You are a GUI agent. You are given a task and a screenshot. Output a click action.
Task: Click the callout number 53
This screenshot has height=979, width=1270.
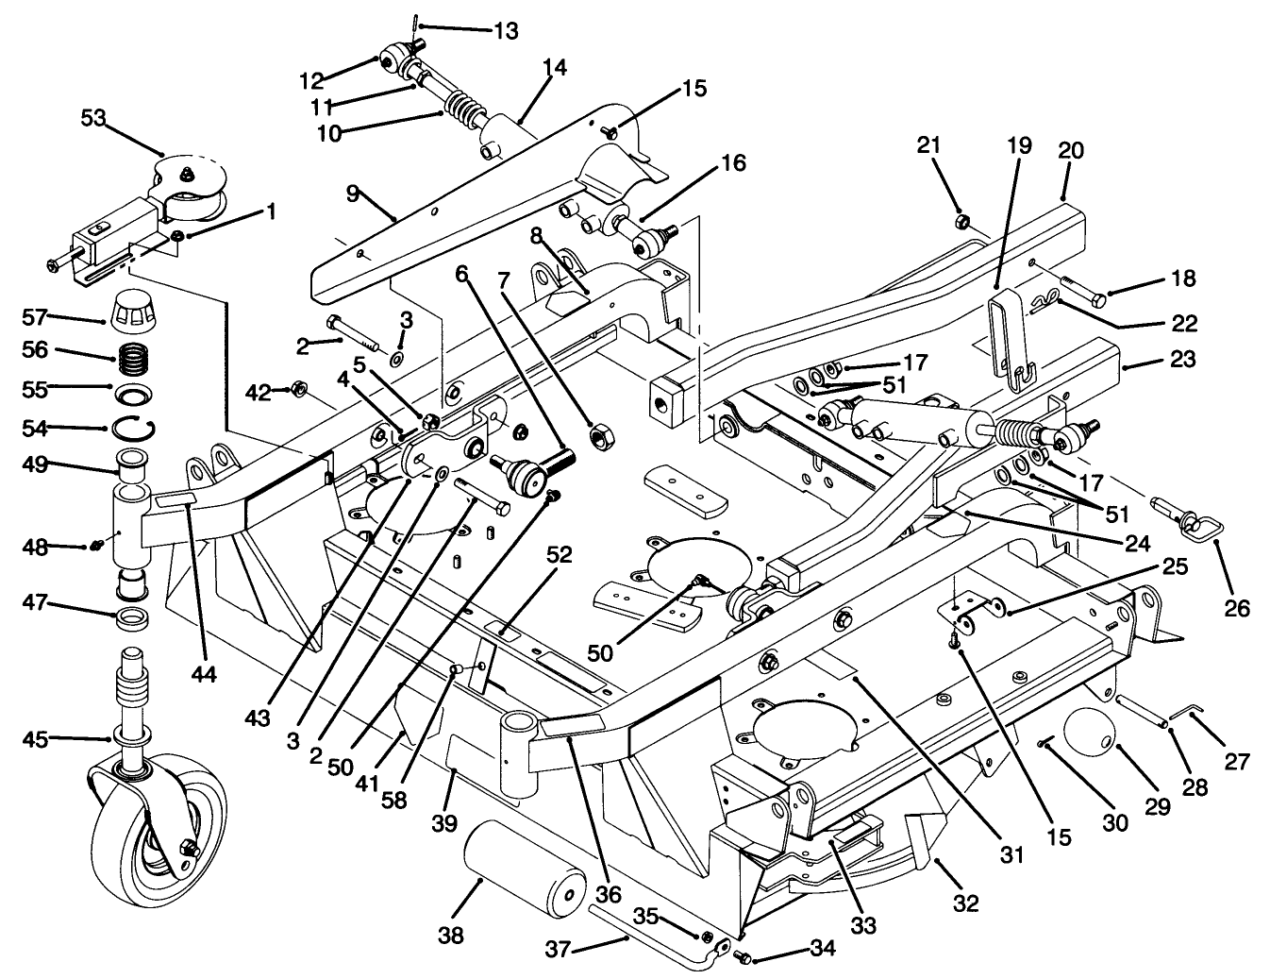[93, 118]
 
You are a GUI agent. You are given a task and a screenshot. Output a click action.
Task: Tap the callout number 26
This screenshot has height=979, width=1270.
[1238, 609]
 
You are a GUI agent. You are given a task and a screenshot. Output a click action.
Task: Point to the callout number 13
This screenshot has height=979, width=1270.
[506, 31]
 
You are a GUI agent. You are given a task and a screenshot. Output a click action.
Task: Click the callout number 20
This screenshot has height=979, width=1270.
[1072, 150]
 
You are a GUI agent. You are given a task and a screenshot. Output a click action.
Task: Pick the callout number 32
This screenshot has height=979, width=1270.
[965, 903]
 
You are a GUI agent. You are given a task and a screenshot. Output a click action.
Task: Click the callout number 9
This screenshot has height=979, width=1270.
[352, 194]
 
